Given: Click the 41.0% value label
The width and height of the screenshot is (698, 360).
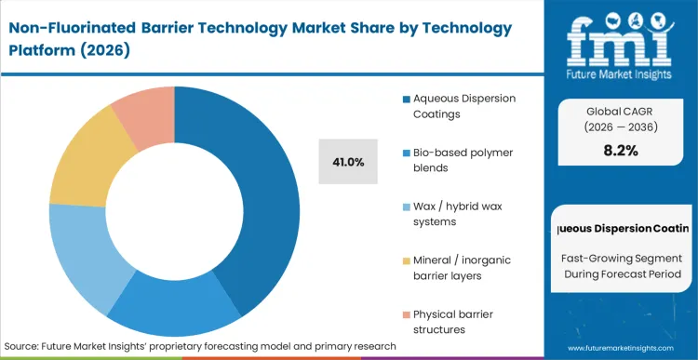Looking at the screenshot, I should [347, 162].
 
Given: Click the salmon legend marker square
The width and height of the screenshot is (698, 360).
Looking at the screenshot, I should [406, 313].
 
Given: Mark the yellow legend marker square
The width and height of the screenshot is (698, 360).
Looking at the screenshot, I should [406, 260].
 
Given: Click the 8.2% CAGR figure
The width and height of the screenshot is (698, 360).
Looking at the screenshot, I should [620, 151].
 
